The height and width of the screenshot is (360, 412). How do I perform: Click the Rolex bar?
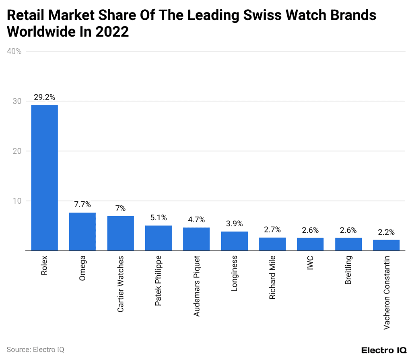44,178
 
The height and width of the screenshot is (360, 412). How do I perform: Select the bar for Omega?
82,232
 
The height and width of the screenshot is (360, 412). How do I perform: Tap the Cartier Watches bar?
120,233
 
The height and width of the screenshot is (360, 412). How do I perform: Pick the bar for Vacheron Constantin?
386,245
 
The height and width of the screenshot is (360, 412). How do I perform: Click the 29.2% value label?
44,97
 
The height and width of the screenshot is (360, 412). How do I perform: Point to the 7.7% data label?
82,205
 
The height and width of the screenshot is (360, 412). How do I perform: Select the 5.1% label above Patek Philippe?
158,218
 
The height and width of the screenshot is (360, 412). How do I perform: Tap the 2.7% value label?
272,230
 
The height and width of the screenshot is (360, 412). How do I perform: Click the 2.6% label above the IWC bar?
310,230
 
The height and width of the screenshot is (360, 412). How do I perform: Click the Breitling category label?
348,270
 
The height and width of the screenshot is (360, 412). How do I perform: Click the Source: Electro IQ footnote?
35,350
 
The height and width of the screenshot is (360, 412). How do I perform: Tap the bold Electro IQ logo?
383,350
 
